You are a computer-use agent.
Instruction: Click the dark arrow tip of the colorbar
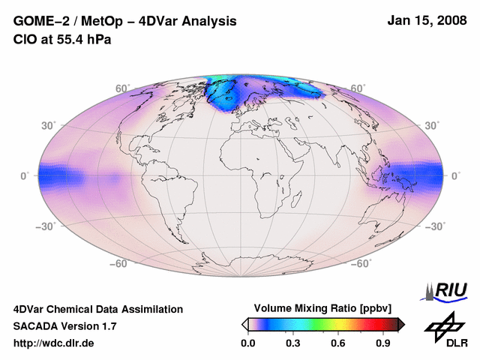[402, 324]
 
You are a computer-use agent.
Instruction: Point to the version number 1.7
[106, 326]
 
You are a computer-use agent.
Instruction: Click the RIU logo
[447, 290]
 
